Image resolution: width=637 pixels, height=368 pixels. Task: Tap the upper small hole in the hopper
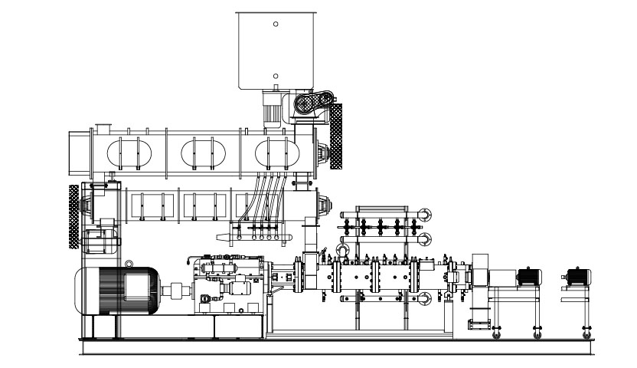pyautogui.click(x=276, y=25)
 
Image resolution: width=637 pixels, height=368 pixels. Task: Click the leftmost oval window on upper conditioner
pyautogui.click(x=126, y=153)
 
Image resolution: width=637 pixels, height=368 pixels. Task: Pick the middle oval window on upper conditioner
pyautogui.click(x=201, y=153)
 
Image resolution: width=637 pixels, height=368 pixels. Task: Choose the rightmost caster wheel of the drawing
pyautogui.click(x=586, y=335)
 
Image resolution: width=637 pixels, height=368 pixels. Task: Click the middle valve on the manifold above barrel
pyautogui.click(x=379, y=228)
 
